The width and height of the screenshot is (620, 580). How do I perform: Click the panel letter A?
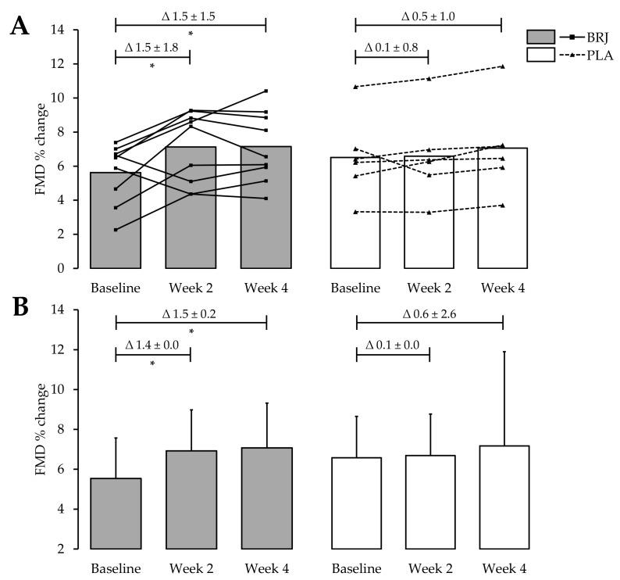20,28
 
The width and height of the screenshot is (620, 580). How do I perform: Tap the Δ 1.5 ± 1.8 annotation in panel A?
151,48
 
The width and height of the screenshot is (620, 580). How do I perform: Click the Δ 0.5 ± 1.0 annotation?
428,15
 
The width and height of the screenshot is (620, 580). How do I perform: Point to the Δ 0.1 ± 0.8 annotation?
392,48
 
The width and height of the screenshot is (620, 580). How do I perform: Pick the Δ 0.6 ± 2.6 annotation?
428,312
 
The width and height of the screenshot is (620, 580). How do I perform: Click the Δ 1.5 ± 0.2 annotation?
191,312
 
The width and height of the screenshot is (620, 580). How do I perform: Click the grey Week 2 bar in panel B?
191,499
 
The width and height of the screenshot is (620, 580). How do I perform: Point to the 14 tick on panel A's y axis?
69,30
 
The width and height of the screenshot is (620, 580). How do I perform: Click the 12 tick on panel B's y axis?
69,349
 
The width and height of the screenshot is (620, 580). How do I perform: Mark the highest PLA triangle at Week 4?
502,66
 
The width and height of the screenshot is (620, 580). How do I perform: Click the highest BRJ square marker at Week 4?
266,91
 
